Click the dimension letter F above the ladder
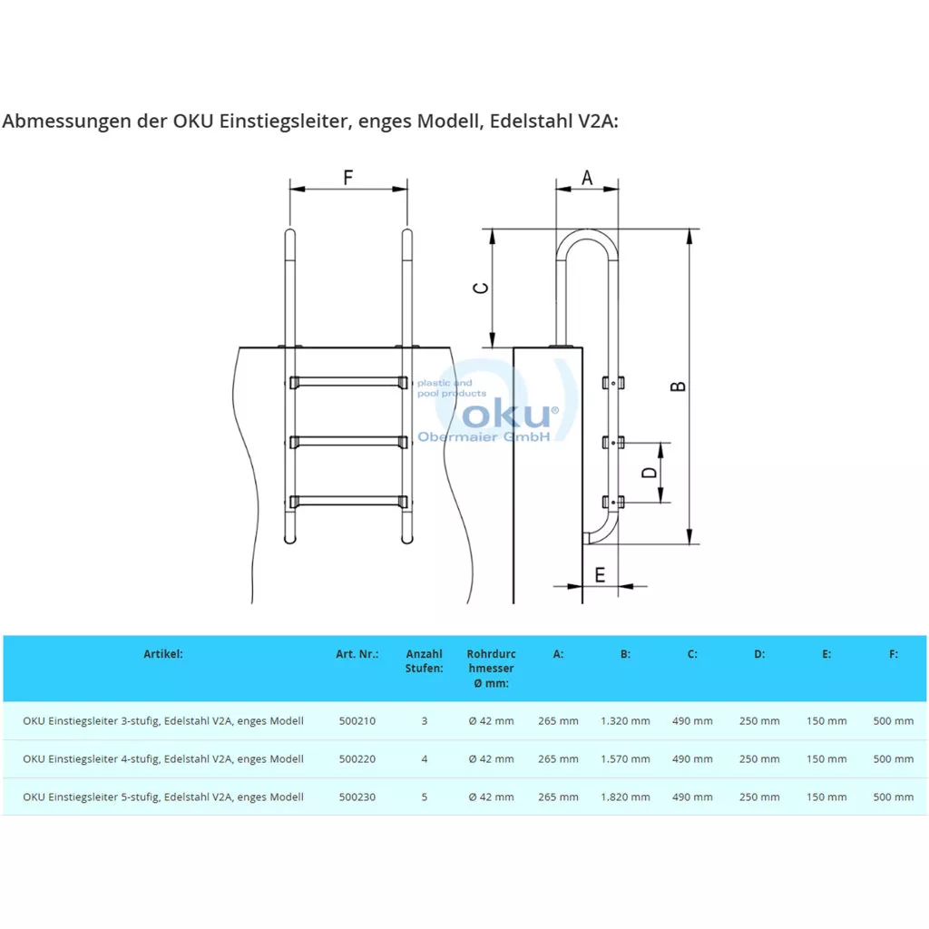pyautogui.click(x=347, y=177)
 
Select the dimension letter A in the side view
pyautogui.click(x=587, y=177)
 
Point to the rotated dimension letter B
pyautogui.click(x=678, y=386)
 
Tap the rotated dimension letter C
pyautogui.click(x=481, y=288)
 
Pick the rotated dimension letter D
pyautogui.click(x=650, y=472)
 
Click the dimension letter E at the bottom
pyautogui.click(x=600, y=574)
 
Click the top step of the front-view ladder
pyautogui.click(x=348, y=382)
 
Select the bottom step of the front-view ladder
pyautogui.click(x=348, y=501)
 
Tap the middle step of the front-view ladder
pyautogui.click(x=348, y=442)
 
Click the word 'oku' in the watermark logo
pyautogui.click(x=506, y=414)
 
